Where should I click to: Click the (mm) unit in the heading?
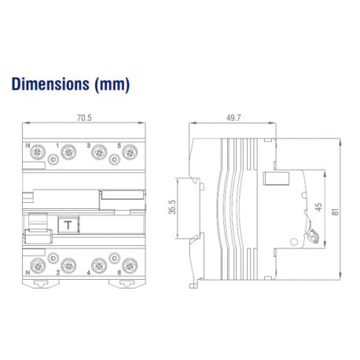click(x=112, y=83)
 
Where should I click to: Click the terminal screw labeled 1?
click(x=68, y=153)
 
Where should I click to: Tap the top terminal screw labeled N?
click(x=36, y=153)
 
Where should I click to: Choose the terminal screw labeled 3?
click(x=99, y=153)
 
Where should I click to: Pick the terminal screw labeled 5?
click(x=128, y=153)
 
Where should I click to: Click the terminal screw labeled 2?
click(x=68, y=265)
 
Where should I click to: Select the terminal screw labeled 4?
click(x=99, y=265)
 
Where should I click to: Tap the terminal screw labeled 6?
click(x=128, y=265)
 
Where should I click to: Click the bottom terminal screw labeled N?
click(x=36, y=265)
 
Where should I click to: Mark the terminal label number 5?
click(x=118, y=144)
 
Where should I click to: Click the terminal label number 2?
click(x=58, y=274)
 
